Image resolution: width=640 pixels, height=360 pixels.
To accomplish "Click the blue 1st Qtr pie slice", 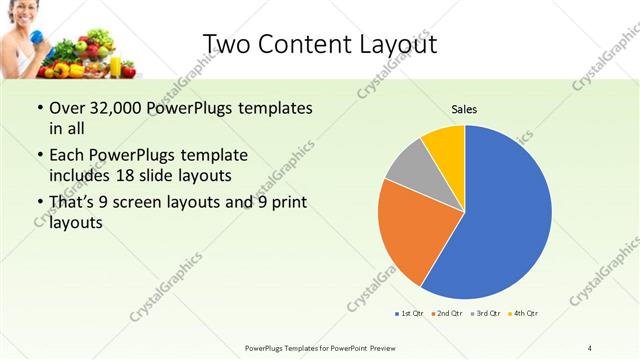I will pos(505,215).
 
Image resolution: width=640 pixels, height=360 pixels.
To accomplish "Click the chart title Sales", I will pos(463,108).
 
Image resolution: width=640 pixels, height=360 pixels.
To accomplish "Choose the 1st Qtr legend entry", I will pos(410,314).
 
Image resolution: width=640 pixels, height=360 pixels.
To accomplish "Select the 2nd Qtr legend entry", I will pos(447,314).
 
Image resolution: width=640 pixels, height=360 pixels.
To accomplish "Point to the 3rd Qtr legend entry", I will pos(486,314).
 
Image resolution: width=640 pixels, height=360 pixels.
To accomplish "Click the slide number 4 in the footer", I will pos(589,347).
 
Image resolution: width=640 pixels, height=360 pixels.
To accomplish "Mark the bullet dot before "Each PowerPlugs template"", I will pos(39,156).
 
